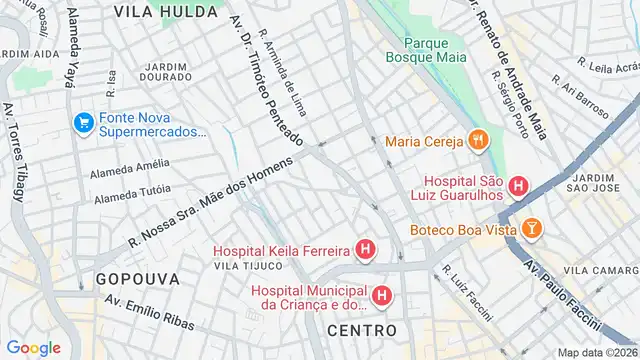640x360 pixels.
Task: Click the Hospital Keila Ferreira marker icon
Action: point(367,249)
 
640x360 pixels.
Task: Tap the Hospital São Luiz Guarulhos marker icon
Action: point(518,185)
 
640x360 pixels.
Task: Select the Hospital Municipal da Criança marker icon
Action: point(381,296)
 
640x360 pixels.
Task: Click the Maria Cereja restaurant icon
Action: point(478,141)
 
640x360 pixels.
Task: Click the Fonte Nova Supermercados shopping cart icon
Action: point(83,124)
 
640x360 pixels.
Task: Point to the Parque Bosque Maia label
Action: point(435,49)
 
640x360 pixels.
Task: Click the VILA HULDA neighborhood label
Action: point(165,12)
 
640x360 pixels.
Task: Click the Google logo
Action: point(34,348)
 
